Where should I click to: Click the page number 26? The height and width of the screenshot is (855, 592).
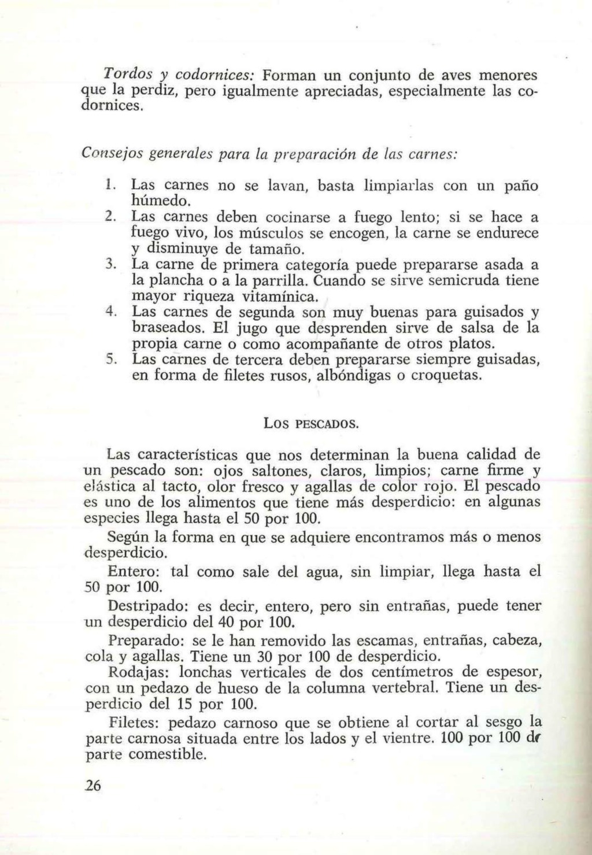pos(92,785)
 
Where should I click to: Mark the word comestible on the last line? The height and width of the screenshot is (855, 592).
pos(167,754)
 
